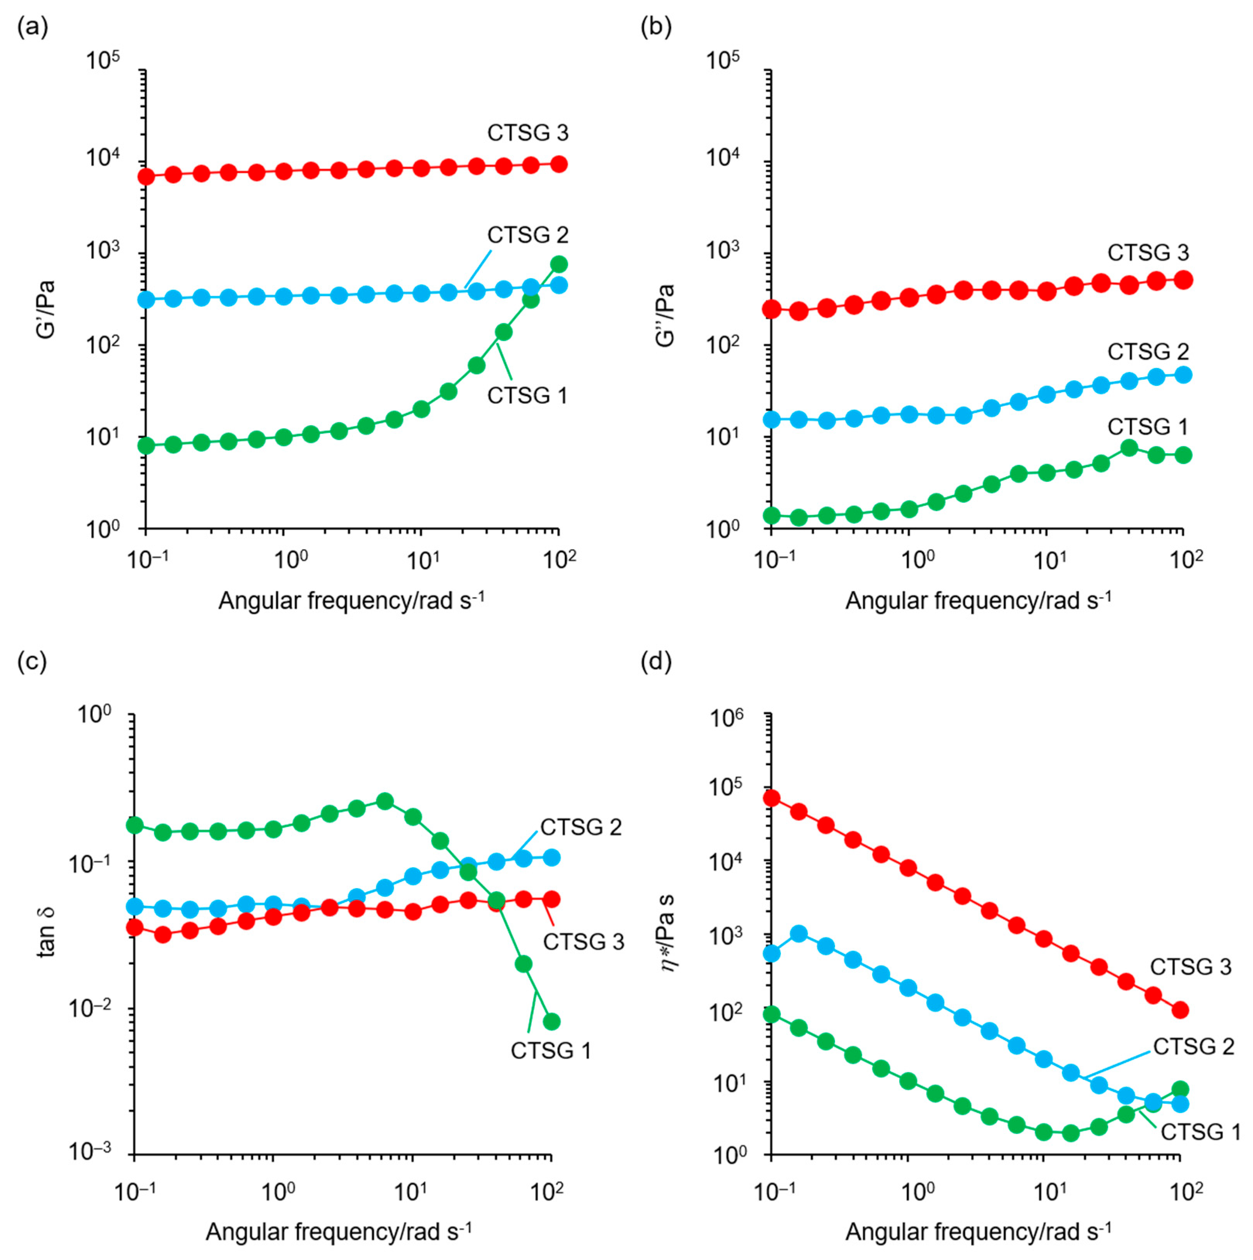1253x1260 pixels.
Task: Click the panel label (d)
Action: pos(656,662)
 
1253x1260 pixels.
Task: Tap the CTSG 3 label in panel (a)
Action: pos(528,133)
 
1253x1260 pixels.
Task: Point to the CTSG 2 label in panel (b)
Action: pos(1148,352)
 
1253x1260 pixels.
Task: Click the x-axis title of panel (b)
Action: pos(978,600)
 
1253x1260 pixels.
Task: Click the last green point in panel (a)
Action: pos(559,264)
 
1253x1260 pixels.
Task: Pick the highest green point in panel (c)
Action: pos(385,801)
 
